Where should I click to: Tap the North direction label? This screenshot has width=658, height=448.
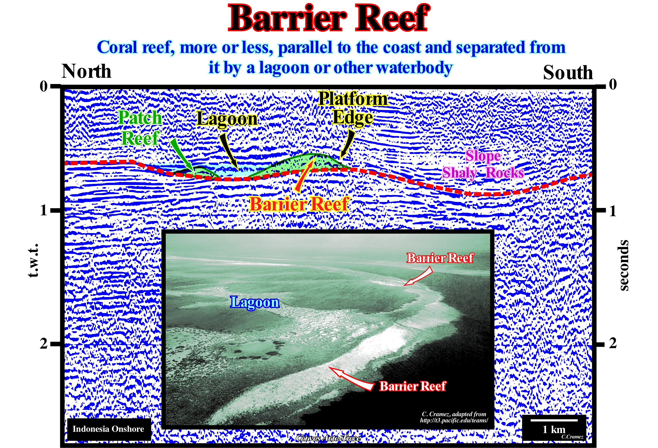86,71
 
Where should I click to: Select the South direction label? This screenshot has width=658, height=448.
568,72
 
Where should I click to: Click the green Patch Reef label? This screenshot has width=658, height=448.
140,128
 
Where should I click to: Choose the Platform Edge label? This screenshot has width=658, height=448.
353,108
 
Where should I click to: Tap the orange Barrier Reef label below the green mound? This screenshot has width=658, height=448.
299,204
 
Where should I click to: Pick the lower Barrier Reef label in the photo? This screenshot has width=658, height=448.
412,386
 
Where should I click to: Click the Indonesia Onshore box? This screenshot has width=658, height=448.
109,429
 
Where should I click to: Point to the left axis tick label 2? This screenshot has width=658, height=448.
43,343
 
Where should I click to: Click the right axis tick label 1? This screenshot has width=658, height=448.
613,211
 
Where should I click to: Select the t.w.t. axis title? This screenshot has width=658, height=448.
33,260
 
